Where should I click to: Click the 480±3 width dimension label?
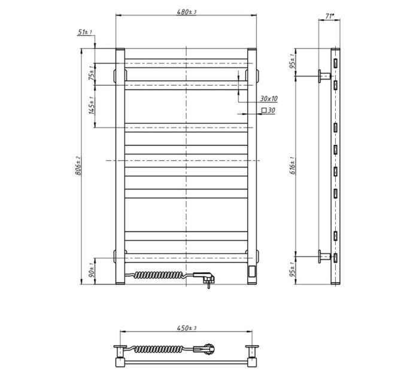click(x=186, y=12)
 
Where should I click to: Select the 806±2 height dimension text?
click(x=78, y=166)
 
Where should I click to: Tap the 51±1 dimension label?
click(x=84, y=32)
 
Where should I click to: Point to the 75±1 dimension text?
click(x=92, y=73)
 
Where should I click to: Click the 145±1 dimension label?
click(x=92, y=105)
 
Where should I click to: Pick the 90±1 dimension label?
click(x=92, y=270)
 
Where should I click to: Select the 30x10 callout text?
click(x=269, y=99)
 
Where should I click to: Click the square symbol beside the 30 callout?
click(x=264, y=110)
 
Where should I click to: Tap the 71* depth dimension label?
click(x=329, y=16)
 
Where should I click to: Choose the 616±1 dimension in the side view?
click(x=293, y=166)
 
